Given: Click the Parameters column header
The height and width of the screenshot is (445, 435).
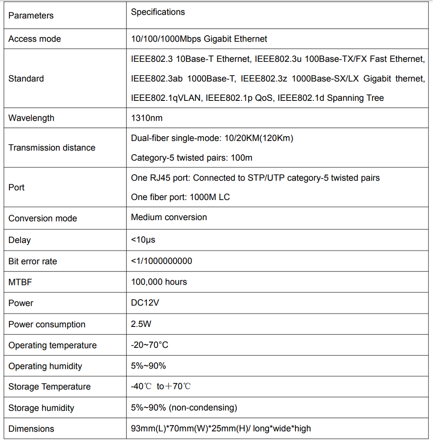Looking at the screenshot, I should (31, 16).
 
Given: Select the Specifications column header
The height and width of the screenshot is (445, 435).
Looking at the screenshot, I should (158, 12).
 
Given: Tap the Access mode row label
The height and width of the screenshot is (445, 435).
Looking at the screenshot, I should (34, 39).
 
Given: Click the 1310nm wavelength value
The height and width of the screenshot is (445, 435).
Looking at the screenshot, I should (147, 118).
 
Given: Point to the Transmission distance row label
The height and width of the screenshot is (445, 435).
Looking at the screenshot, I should (52, 147).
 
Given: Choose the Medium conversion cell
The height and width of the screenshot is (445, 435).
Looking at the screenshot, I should (169, 217).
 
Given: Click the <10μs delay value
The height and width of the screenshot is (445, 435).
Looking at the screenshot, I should (143, 240).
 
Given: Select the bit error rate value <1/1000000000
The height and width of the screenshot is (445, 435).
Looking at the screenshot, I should (161, 261).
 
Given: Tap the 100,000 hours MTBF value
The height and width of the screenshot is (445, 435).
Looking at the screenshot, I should (159, 282).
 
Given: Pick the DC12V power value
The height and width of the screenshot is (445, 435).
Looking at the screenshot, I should (145, 303).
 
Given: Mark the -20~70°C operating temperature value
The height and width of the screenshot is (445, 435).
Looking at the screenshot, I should (150, 345).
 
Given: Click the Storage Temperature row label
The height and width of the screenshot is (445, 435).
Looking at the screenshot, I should (49, 387).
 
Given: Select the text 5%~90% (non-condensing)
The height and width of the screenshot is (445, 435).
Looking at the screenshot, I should (184, 408).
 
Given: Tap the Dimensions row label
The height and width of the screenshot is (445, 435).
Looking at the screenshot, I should (31, 429).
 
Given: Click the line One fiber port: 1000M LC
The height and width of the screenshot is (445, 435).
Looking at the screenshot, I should (180, 197).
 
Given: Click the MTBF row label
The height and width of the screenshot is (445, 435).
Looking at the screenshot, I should (20, 282).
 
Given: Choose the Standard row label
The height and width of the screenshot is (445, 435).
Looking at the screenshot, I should (26, 79).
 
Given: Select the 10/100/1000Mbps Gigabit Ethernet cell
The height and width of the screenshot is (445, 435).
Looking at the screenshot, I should (199, 39).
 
